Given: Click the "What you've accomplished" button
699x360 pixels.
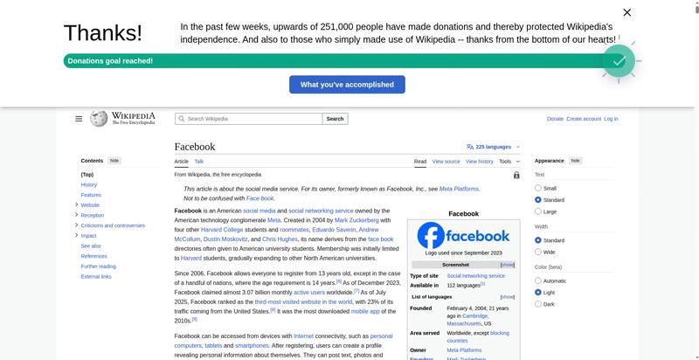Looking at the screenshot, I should click(x=347, y=85).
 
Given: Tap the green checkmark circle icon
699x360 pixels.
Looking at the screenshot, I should click(x=618, y=61).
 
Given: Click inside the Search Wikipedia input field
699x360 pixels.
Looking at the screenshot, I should click(x=249, y=119).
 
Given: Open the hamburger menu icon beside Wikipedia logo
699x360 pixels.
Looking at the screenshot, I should click(x=79, y=119).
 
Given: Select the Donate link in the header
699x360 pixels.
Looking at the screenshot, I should click(x=555, y=119).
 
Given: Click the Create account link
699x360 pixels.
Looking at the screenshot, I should click(x=584, y=119).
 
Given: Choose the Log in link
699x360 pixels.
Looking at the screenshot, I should click(x=611, y=119).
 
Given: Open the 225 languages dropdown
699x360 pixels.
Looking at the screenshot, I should click(x=494, y=147).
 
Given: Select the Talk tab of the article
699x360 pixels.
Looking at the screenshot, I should click(x=199, y=162).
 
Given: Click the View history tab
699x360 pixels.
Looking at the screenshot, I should click(x=479, y=162).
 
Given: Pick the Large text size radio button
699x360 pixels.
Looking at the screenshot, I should click(x=538, y=211).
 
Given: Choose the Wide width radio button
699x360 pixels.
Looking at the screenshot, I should click(x=538, y=252).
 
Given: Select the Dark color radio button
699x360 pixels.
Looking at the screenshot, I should click(x=538, y=304).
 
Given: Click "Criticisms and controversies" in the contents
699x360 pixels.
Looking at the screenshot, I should click(x=113, y=225).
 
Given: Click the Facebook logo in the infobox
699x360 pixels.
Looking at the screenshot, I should click(x=463, y=236).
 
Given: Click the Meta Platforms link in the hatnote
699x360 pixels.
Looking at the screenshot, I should click(x=459, y=189).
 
